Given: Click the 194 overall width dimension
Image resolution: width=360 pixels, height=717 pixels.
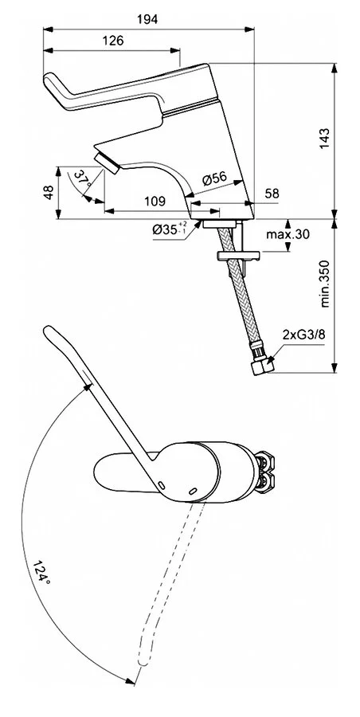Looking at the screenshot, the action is pyautogui.click(x=147, y=19).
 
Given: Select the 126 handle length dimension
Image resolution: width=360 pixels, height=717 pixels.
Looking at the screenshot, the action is pyautogui.click(x=112, y=41).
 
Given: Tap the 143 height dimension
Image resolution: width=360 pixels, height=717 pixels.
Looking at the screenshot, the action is pyautogui.click(x=324, y=138).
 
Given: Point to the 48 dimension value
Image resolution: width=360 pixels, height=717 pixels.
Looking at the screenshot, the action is pyautogui.click(x=49, y=191).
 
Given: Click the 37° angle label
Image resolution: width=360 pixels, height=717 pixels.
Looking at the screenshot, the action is pyautogui.click(x=82, y=178).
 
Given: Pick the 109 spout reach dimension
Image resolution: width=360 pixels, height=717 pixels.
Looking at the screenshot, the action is pyautogui.click(x=155, y=202).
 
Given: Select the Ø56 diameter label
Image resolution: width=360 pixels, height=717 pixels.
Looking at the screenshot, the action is pyautogui.click(x=214, y=178).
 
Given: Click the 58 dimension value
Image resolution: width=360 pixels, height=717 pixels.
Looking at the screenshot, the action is pyautogui.click(x=272, y=194).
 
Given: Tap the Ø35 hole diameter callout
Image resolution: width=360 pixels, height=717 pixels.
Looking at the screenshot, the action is pyautogui.click(x=170, y=229).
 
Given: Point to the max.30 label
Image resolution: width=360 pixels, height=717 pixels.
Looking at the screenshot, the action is pyautogui.click(x=288, y=234).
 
